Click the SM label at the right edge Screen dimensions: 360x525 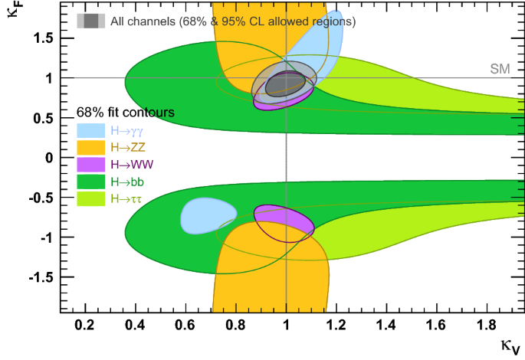[500, 69]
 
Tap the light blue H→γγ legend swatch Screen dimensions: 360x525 [91, 130]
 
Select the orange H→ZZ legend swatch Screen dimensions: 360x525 [91, 147]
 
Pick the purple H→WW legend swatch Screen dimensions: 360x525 [91, 164]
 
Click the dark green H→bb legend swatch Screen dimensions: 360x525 [91, 182]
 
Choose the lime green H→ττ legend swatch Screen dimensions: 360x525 [91, 198]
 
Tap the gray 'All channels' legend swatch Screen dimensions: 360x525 [91, 21]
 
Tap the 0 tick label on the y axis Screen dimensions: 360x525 [48, 157]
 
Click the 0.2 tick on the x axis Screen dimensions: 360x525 [86, 326]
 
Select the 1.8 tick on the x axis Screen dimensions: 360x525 [486, 326]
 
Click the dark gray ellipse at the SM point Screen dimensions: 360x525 [284, 83]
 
